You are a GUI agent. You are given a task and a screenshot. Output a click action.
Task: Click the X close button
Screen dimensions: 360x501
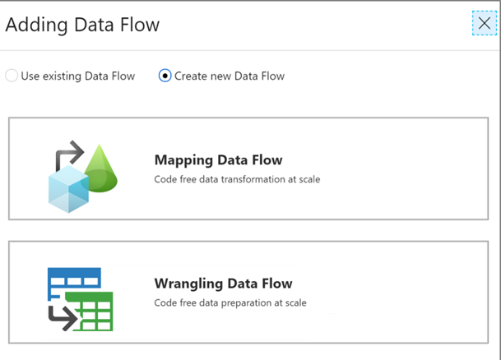(x=484, y=24)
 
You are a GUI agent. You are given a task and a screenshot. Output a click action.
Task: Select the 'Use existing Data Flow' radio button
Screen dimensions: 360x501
(x=12, y=76)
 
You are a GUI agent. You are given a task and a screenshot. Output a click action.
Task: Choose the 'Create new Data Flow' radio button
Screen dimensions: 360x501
(x=165, y=76)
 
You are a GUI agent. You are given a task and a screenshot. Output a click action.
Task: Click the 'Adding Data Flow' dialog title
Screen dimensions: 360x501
(x=82, y=25)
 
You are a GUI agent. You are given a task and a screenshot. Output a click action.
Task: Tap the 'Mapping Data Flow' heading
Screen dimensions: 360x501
(x=218, y=160)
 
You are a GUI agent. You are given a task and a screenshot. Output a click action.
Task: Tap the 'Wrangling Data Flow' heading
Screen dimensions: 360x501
(x=223, y=284)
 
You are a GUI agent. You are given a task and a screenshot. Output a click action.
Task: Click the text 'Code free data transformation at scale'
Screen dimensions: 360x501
(x=237, y=178)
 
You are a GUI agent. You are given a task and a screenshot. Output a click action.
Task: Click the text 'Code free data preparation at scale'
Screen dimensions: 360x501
(x=230, y=302)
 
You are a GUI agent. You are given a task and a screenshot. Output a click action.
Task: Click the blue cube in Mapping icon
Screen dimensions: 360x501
(x=67, y=187)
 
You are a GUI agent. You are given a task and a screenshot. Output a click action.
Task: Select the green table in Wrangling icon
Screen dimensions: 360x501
(x=90, y=311)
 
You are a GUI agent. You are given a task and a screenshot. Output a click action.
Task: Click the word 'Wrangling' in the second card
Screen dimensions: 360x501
(x=188, y=284)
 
